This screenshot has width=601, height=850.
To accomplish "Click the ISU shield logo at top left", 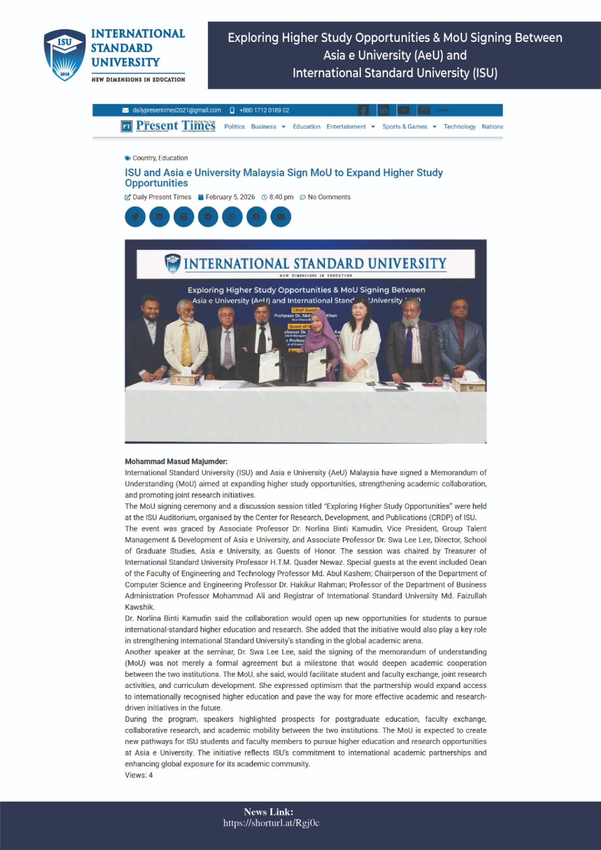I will pyautogui.click(x=64, y=55).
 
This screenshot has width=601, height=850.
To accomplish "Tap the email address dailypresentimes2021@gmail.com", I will pyautogui.click(x=176, y=110).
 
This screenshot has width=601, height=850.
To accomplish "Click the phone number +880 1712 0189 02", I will pyautogui.click(x=264, y=110).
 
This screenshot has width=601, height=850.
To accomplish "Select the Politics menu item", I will pyautogui.click(x=234, y=127).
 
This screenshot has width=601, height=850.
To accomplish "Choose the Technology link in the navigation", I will pyautogui.click(x=459, y=127).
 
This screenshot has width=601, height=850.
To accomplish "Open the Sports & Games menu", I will pyautogui.click(x=405, y=127).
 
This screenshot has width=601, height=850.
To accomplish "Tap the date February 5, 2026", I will pyautogui.click(x=230, y=197).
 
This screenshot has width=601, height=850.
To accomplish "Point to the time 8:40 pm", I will pyautogui.click(x=281, y=197).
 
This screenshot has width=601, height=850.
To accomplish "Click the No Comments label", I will pyautogui.click(x=329, y=197).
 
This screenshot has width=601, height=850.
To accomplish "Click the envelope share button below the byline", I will pyautogui.click(x=281, y=217).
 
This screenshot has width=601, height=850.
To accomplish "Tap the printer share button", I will pyautogui.click(x=183, y=217).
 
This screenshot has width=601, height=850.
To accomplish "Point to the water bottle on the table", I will pyautogui.click(x=446, y=380).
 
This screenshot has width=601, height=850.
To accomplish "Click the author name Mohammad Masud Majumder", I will pyautogui.click(x=176, y=462).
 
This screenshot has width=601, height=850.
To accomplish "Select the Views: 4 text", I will pyautogui.click(x=139, y=775).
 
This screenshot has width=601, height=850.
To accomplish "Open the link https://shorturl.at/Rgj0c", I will pyautogui.click(x=271, y=823).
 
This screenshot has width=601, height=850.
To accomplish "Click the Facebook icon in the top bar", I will pyautogui.click(x=363, y=110).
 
